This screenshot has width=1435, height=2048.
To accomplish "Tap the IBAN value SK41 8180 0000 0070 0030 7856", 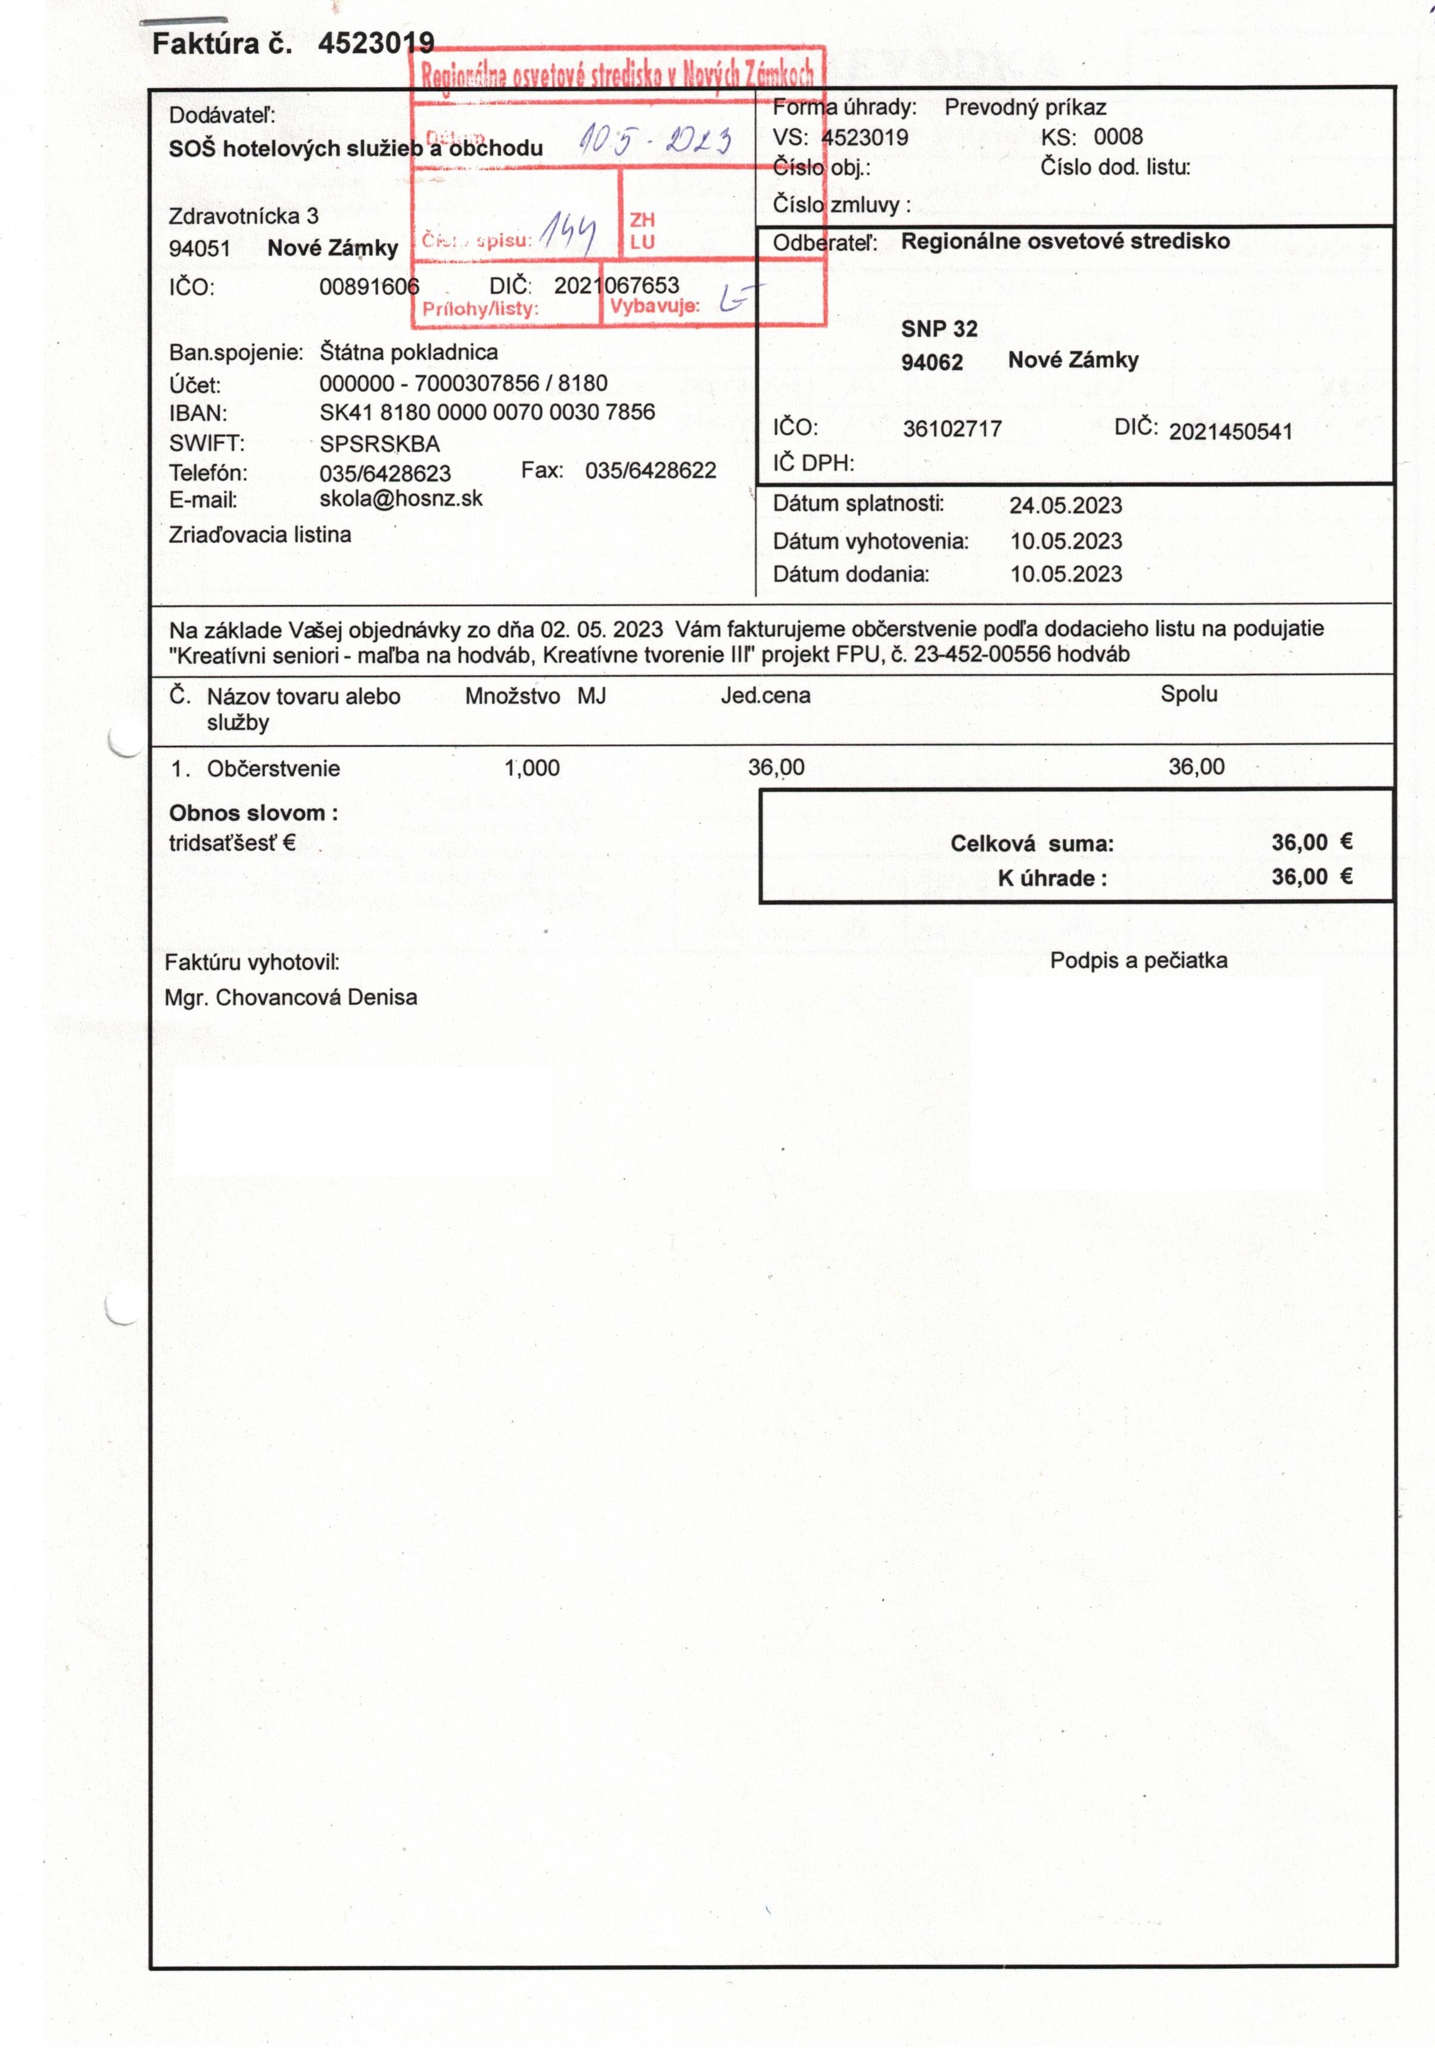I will [x=487, y=412].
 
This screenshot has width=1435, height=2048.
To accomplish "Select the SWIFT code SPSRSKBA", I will [x=379, y=443].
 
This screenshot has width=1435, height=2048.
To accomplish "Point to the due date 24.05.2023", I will [x=1065, y=506].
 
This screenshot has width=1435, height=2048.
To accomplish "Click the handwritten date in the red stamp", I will [x=655, y=139].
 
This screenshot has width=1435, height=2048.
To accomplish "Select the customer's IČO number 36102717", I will [x=952, y=429].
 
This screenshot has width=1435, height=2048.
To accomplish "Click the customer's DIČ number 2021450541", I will [x=1230, y=432].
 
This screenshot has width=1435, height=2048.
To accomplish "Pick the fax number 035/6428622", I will [x=650, y=470].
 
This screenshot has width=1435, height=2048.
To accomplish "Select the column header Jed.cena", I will [x=765, y=695].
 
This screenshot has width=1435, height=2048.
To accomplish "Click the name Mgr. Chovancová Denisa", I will [x=291, y=997].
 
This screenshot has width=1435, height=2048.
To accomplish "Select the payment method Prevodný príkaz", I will [x=1025, y=108].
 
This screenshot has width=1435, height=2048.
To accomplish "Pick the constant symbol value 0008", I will [x=1118, y=136].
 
